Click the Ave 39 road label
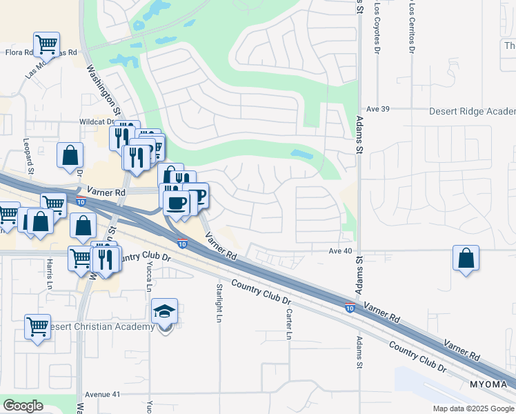(x=379, y=109)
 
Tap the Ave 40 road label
(x=340, y=250)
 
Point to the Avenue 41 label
(x=102, y=395)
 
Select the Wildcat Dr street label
(x=95, y=121)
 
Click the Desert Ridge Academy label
(x=472, y=111)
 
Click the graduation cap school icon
(x=165, y=312)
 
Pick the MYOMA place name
(x=488, y=384)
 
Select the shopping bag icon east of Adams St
(x=466, y=258)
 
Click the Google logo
(x=23, y=406)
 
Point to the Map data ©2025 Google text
(x=473, y=408)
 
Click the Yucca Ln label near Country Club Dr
(x=149, y=276)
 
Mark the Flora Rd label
(x=20, y=52)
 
